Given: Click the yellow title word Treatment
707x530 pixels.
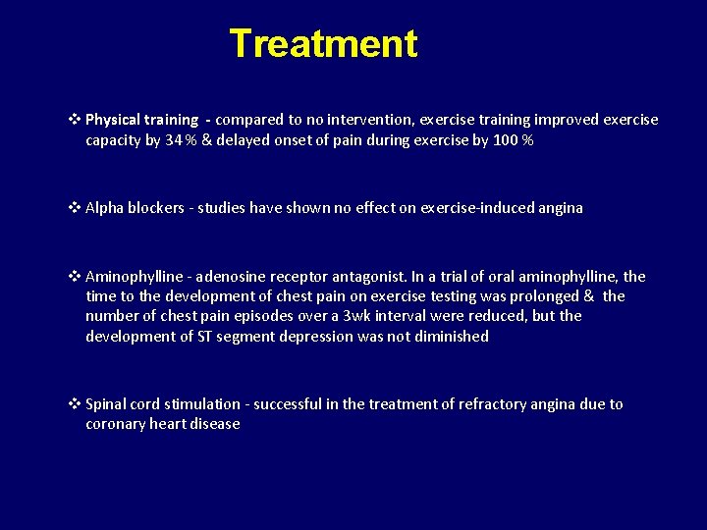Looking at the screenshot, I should coord(323,44).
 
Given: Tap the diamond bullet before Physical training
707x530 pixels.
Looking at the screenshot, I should coord(76,120).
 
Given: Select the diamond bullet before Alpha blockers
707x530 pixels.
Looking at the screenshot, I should coord(76,208).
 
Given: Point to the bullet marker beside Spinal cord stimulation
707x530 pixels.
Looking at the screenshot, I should coord(76,404).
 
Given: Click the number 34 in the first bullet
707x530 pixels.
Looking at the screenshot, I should coord(174,140).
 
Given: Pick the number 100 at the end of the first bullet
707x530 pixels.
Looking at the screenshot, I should coord(506,140).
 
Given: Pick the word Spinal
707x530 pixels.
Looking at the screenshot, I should coord(107,404).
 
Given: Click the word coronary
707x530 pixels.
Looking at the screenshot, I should coord(116,424).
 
